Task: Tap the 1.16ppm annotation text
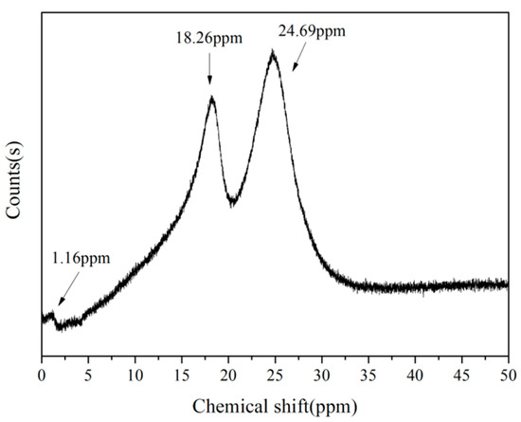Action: (x=79, y=257)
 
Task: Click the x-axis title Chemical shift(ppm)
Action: (x=275, y=408)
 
